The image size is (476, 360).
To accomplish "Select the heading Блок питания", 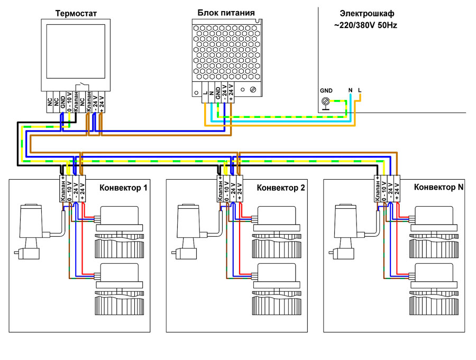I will (x=226, y=13).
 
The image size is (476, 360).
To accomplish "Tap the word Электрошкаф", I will (x=367, y=13).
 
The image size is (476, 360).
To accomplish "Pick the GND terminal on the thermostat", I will (x=62, y=100).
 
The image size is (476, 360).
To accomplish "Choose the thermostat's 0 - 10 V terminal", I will (x=69, y=100).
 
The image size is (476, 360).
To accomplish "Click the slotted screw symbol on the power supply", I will (x=253, y=90).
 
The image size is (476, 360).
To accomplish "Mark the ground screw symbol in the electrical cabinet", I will (x=327, y=100).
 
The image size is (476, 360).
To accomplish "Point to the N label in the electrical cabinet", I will (x=350, y=90).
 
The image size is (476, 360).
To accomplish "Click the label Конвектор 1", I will (x=123, y=188).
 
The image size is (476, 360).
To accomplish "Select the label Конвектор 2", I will (x=281, y=188).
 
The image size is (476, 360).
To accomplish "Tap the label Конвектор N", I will (x=438, y=188).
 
